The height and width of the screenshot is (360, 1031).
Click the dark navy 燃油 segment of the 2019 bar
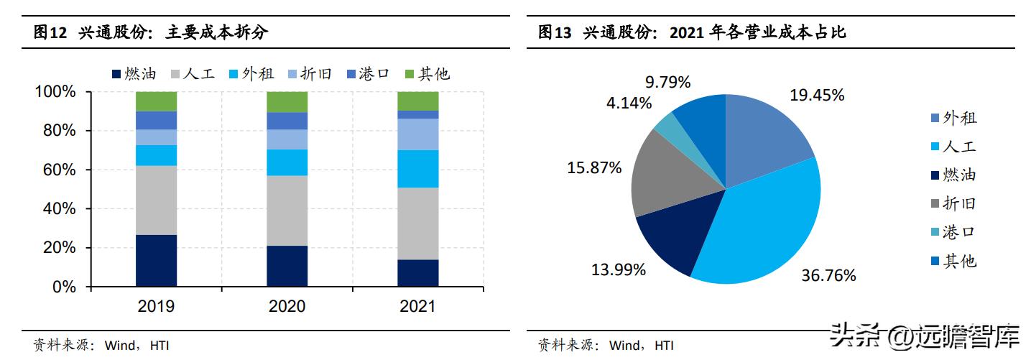(156, 261)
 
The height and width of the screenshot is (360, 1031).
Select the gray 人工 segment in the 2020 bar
(287, 211)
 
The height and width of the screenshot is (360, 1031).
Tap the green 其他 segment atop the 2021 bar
(417, 101)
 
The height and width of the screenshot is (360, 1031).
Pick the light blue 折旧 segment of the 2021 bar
(417, 134)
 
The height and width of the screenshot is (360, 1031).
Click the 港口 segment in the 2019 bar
(156, 120)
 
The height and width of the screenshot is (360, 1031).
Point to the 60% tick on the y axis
(56, 170)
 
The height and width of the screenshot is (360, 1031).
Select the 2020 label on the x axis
(287, 307)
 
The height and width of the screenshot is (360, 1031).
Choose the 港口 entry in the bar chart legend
(367, 73)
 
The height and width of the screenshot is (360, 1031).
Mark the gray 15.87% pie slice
(665, 172)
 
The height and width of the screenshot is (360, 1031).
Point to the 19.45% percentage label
(817, 95)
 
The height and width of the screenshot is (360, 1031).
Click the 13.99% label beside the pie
(619, 269)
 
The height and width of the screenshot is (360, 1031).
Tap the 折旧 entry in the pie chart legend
(953, 204)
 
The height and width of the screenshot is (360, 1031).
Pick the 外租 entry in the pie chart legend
(953, 118)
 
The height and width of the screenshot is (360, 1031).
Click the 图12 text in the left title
(50, 32)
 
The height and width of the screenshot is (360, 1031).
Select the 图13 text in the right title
(555, 32)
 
